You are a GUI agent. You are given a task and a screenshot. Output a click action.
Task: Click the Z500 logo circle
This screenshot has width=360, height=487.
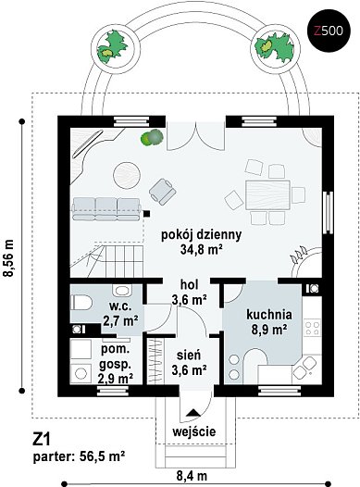(x=329, y=31)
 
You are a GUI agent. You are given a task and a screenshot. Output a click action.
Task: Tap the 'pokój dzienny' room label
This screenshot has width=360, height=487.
(x=201, y=235)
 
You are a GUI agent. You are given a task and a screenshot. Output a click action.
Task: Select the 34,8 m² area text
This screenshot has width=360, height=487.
(x=201, y=249)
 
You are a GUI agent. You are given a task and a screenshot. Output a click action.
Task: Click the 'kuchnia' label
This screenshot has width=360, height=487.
(x=269, y=315)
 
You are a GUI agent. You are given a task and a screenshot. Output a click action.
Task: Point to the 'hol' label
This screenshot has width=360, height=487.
(x=190, y=284)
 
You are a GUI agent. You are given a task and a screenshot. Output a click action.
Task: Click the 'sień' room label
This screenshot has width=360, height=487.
(x=189, y=355)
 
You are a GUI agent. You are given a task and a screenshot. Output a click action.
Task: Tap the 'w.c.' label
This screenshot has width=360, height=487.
(x=120, y=306)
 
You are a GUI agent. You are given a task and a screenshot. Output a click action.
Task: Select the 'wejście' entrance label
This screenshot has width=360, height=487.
(x=194, y=431)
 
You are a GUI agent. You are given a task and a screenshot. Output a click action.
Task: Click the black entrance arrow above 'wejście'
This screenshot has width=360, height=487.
(x=193, y=412)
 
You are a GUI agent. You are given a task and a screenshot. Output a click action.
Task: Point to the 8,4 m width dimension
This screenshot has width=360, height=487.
(x=192, y=476)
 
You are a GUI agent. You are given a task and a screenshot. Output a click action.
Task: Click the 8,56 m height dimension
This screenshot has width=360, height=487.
(x=8, y=257)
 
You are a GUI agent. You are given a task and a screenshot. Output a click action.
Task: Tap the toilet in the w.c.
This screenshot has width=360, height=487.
(x=81, y=303)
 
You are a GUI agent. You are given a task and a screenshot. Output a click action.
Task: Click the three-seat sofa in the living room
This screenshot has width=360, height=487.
(x=106, y=209)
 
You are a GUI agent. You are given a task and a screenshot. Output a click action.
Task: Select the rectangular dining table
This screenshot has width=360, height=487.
(x=267, y=195)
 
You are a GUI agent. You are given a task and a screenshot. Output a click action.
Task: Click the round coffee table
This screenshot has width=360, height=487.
(x=126, y=175)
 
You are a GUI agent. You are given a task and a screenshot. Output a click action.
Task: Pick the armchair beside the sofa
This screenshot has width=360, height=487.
(x=162, y=192)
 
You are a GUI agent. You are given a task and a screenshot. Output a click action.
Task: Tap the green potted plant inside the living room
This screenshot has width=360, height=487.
(x=152, y=137)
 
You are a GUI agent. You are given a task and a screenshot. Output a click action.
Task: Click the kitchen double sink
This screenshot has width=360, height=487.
(x=304, y=368)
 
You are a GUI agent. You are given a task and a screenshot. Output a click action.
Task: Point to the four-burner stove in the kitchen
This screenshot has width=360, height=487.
(x=312, y=329)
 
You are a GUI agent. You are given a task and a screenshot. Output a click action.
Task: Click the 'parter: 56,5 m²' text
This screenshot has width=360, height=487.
(x=80, y=456)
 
